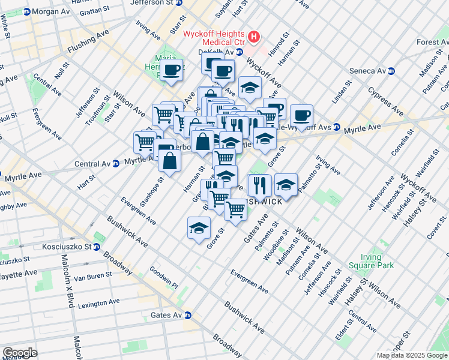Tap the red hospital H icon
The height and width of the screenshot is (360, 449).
tap(254, 37)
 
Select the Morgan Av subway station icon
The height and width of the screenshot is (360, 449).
tap(26, 11)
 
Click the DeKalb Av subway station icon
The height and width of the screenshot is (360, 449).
tap(239, 52)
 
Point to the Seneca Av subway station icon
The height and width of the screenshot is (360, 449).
tap(391, 71)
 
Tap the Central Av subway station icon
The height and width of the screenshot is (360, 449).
tap(115, 164)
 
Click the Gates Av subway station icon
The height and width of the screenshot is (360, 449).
tap(188, 315)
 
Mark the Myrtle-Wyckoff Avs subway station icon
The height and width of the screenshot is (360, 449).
tap(337, 127)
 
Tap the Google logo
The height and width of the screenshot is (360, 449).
tap(20, 353)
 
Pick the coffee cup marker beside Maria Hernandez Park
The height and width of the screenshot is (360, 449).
tap(172, 69)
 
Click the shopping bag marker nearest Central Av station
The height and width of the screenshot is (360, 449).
tap(170, 161)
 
